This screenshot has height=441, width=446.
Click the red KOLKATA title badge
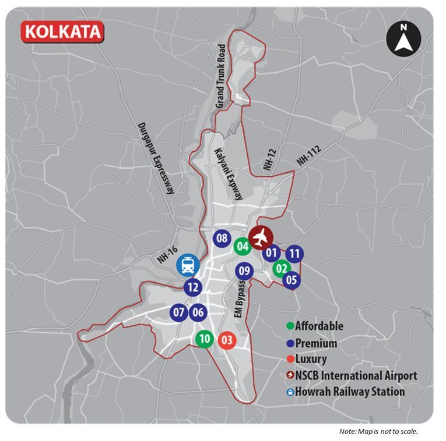pyautogui.click(x=62, y=31)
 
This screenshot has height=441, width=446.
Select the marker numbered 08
pyautogui.click(x=222, y=238)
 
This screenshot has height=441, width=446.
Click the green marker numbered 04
pyautogui.click(x=243, y=246)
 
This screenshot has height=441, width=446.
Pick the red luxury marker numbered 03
pyautogui.click(x=227, y=340)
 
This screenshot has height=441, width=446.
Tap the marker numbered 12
pyautogui.click(x=194, y=287)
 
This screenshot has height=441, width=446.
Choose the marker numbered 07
pyautogui.click(x=179, y=312)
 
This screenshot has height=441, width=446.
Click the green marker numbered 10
pyautogui.click(x=204, y=339)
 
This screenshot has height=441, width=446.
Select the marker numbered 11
pyautogui.click(x=295, y=254)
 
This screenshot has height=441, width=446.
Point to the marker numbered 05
pyautogui.click(x=292, y=280)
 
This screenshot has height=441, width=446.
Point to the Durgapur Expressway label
pyautogui.click(x=157, y=158)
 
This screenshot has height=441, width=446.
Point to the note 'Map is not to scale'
pyautogui.click(x=378, y=431)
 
